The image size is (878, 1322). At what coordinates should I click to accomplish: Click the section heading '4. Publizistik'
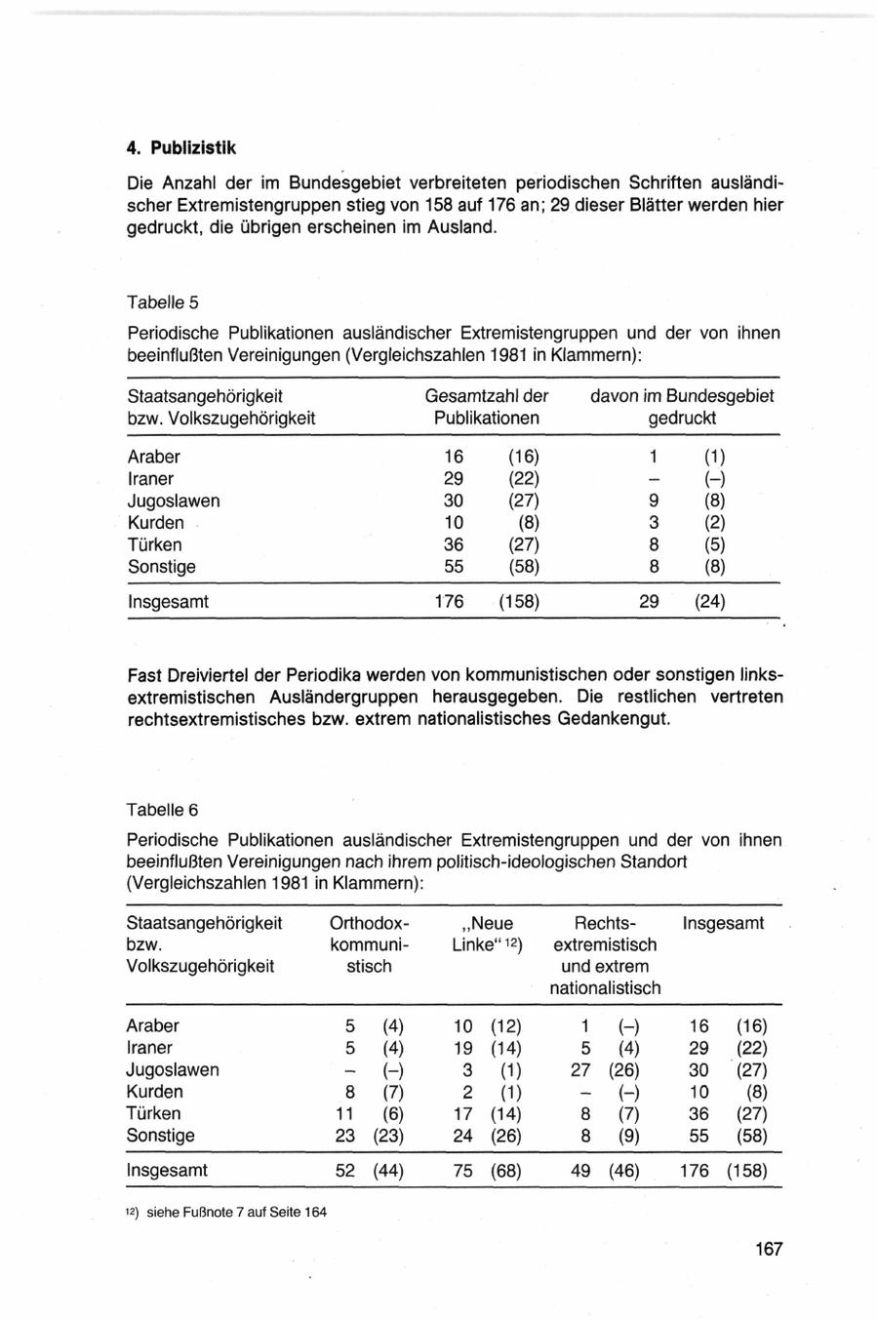click(x=181, y=148)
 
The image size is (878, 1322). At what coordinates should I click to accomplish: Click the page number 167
click(x=768, y=1249)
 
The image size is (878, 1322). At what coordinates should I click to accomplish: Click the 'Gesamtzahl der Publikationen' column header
click(x=487, y=407)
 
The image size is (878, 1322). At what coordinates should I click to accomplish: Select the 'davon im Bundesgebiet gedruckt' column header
click(x=682, y=407)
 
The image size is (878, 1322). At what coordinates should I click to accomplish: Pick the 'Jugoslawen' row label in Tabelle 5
click(x=174, y=501)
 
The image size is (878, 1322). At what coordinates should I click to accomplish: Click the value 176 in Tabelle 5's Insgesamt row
click(x=449, y=602)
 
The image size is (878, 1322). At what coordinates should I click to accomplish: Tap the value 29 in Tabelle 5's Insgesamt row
click(x=649, y=602)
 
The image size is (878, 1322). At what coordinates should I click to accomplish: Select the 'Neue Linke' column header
click(x=488, y=934)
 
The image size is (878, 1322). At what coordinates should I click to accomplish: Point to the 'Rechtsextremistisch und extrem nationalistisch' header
click(x=605, y=955)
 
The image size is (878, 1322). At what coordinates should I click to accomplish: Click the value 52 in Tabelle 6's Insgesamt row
click(x=345, y=1171)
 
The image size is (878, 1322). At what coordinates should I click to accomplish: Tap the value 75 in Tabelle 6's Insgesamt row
click(x=463, y=1171)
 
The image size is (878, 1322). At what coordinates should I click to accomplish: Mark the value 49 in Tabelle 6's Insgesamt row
click(x=580, y=1171)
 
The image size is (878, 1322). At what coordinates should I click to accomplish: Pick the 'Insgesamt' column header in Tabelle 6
click(x=723, y=923)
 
